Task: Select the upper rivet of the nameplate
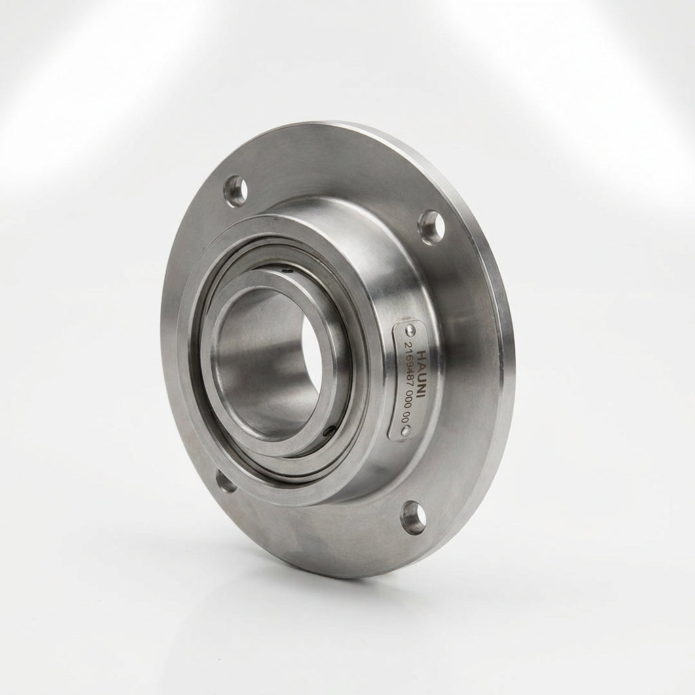411,329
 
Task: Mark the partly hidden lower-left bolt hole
225,481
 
